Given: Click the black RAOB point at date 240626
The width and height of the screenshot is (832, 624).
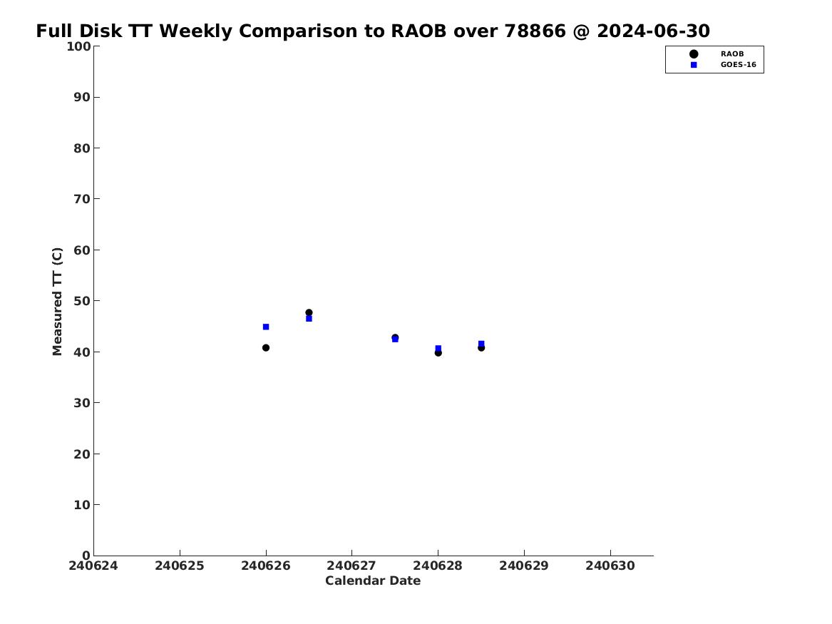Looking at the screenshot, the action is (266, 347).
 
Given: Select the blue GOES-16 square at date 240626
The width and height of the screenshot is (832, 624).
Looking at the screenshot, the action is (266, 327).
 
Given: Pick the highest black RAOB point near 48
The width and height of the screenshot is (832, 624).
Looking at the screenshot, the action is (309, 312).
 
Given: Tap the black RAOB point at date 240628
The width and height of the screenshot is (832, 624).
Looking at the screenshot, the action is (438, 353).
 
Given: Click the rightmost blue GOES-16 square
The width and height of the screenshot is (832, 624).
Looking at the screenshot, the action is (481, 344).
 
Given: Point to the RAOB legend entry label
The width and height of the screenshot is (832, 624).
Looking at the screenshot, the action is (732, 54).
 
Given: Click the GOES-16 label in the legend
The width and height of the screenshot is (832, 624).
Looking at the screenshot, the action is (738, 65).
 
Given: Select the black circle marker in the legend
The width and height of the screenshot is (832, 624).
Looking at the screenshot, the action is (694, 54).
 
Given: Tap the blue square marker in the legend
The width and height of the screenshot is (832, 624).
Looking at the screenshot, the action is (694, 65).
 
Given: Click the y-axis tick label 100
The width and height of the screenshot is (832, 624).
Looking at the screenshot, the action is (78, 46).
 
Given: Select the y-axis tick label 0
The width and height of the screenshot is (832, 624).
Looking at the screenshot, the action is (86, 556).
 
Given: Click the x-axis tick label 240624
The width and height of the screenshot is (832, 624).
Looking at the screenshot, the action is (93, 566).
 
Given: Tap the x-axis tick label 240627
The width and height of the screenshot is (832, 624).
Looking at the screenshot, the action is (351, 566).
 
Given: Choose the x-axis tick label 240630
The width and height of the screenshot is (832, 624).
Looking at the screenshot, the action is (610, 566).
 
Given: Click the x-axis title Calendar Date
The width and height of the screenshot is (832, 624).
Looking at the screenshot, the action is (373, 581).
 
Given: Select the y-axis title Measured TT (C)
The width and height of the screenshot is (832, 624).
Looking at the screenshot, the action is (57, 302).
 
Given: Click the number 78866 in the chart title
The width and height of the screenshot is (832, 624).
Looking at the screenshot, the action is (535, 31).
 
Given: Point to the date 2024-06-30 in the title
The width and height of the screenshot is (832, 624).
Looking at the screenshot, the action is (653, 31).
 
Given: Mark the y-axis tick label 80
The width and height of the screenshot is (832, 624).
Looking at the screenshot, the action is (82, 148).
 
